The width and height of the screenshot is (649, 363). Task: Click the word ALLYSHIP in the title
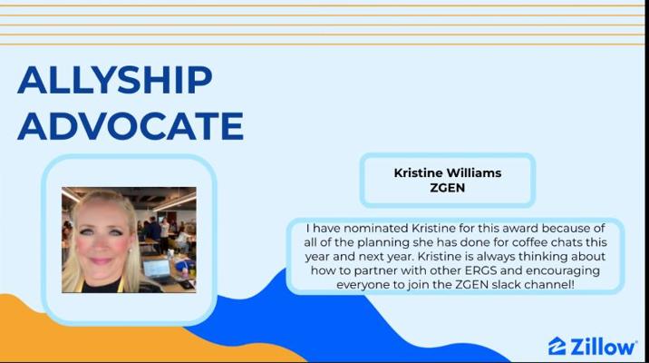[115, 80]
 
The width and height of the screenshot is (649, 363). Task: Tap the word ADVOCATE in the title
[131, 126]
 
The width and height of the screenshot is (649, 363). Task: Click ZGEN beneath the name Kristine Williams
[448, 188]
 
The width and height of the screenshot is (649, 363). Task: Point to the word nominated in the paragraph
[376, 229]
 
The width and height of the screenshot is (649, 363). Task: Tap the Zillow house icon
[557, 346]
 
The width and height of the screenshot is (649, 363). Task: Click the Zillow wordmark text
[603, 347]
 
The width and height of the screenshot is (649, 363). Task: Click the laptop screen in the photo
[157, 268]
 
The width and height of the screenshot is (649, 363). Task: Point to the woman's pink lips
[101, 261]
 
